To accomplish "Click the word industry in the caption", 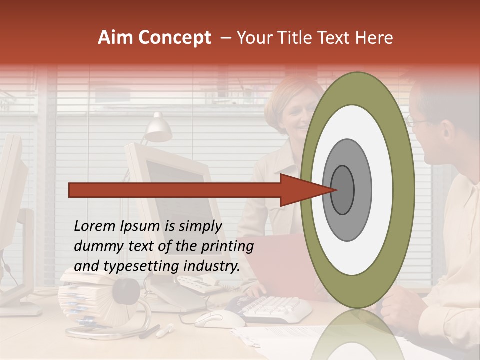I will point(212,266).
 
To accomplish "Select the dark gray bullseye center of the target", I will point(343,190).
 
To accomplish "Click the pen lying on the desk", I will point(164,330).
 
